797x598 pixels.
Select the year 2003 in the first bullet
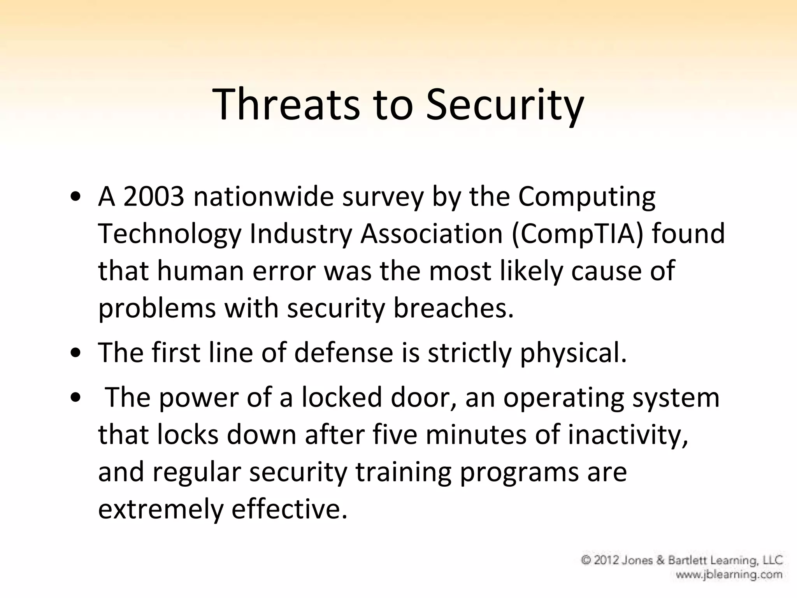[x=153, y=197]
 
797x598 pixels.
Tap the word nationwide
[x=263, y=197]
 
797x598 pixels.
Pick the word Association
[x=431, y=234]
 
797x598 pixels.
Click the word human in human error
[x=200, y=271]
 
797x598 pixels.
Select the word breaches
[x=453, y=308]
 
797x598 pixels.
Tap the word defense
[x=344, y=353]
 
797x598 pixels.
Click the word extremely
[x=160, y=509]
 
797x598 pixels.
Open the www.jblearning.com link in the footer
[x=729, y=574]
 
